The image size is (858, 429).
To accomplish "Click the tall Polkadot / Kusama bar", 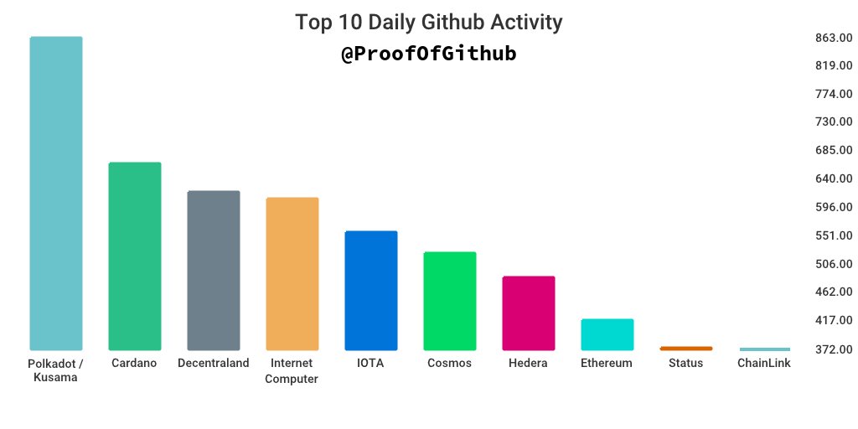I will coord(56,194).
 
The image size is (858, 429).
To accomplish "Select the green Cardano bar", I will coord(135,256).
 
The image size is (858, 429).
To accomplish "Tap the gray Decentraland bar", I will coord(213,270).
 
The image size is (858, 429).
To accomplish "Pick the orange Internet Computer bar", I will coord(292,273).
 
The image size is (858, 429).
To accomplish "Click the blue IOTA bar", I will coord(371,290).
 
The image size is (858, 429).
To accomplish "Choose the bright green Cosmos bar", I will coord(450,301).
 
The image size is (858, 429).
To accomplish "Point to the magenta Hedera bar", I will coord(529,313).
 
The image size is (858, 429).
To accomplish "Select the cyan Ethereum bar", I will coord(607,334).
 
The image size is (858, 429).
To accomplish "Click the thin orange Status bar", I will coord(686,348).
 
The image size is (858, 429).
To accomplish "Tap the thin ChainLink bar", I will coord(765,349).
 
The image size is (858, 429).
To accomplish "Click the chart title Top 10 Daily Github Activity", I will coord(429,23).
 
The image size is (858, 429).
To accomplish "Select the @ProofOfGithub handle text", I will coord(429,54).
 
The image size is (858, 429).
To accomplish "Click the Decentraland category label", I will coord(214,364).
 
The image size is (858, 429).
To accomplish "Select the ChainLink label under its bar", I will coord(764,364).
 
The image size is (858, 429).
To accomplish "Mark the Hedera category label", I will coord(528,364).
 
